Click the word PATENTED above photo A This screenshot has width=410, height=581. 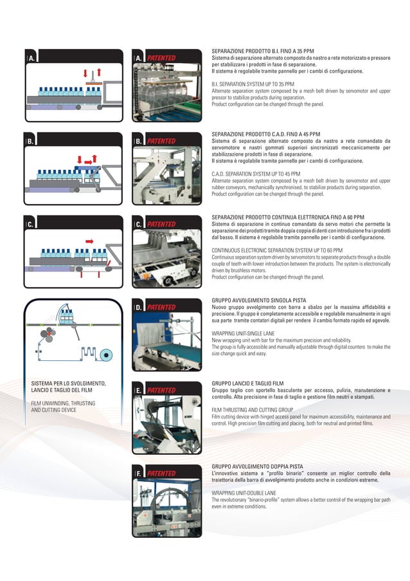161,58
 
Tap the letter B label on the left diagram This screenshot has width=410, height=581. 29,141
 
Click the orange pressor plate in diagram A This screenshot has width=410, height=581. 93,83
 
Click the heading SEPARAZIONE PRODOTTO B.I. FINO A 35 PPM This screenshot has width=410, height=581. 263,51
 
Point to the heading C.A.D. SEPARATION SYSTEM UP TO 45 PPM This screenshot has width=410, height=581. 256,174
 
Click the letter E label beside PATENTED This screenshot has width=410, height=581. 138,390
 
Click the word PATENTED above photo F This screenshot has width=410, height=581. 161,474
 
